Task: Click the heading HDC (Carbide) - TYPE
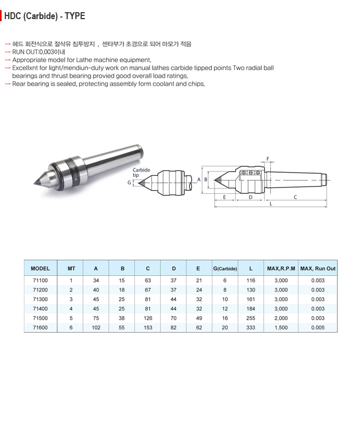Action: coord(45,16)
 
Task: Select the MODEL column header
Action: coord(40,269)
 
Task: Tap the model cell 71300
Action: coord(40,299)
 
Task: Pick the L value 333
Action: coord(251,328)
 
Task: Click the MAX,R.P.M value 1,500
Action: coord(281,328)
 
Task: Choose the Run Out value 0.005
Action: coord(318,328)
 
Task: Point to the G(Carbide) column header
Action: coord(225,269)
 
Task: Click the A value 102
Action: coord(96,328)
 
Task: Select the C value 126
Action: coord(148,318)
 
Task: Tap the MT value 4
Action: coord(71,309)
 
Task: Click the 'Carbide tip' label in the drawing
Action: coord(141,173)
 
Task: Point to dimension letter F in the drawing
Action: coord(268,159)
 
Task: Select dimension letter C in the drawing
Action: coord(295,197)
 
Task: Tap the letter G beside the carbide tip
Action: coord(129,182)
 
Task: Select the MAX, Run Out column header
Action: coord(318,269)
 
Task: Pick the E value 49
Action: coord(198,318)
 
